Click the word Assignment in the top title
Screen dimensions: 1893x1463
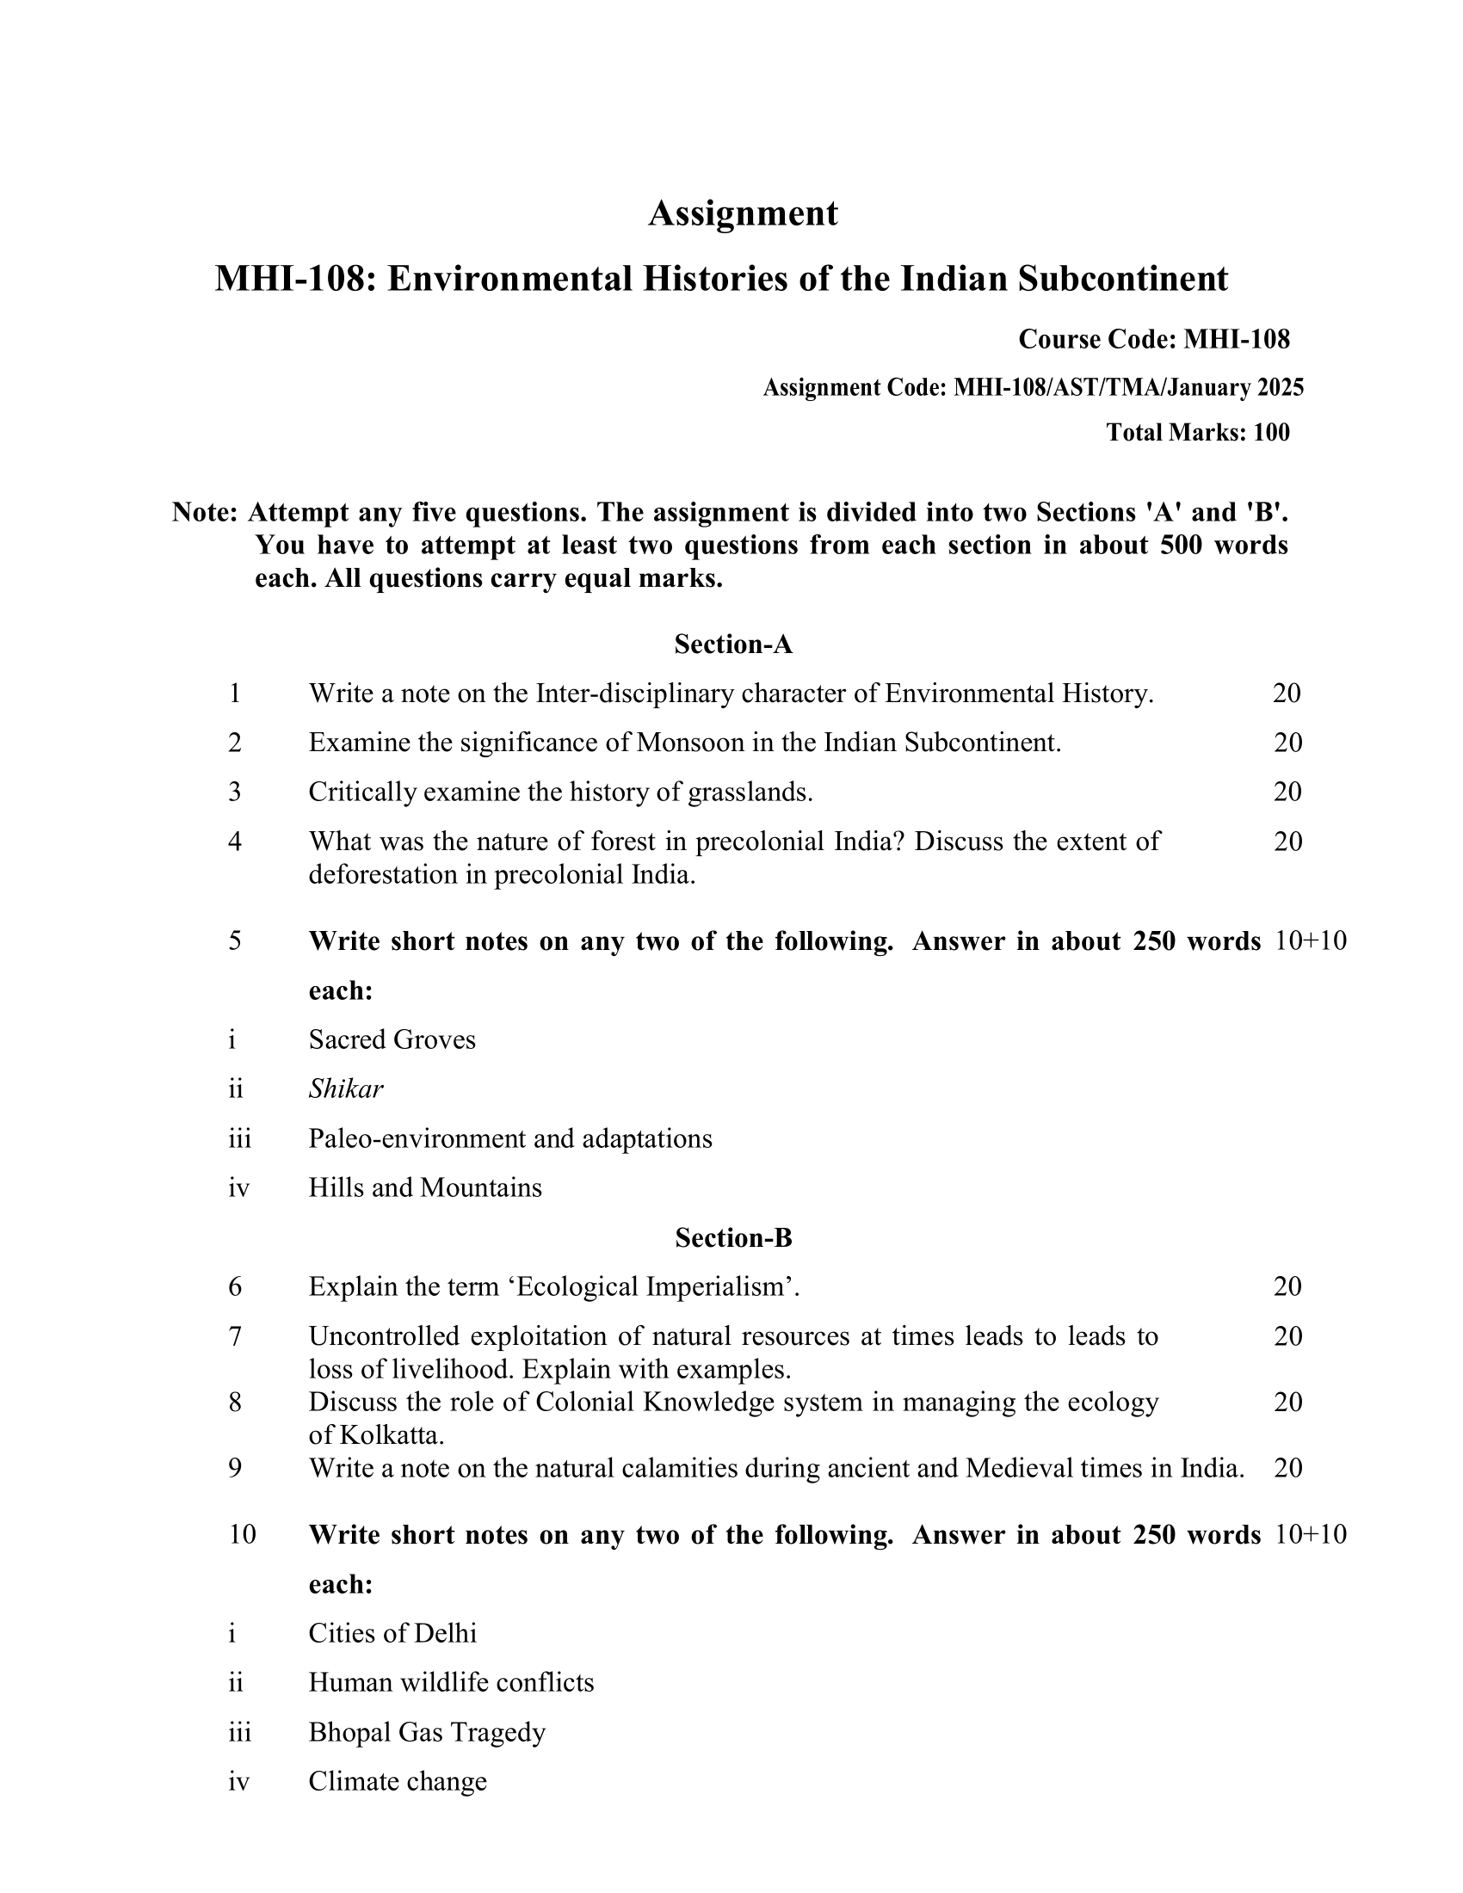pos(743,213)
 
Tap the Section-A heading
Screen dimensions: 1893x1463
pos(733,644)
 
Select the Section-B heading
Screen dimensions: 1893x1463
pos(733,1237)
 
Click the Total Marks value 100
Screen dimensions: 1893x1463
pos(1271,433)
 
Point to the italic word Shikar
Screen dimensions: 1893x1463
pos(346,1088)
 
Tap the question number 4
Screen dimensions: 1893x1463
pos(235,842)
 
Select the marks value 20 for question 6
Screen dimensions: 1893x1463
pos(1288,1287)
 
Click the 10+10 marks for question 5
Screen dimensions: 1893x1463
pos(1312,941)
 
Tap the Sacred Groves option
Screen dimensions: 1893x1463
pos(392,1039)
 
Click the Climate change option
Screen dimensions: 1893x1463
pos(398,1781)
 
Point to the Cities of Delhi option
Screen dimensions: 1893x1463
pos(392,1633)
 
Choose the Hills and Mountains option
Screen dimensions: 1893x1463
pos(424,1187)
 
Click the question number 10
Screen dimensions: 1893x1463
pos(242,1534)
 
